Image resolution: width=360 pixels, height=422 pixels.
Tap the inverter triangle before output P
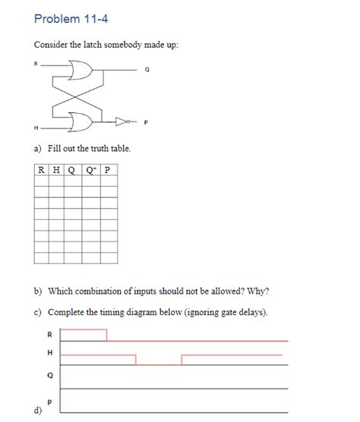(x=122, y=120)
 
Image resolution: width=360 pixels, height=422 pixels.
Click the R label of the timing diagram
(x=49, y=334)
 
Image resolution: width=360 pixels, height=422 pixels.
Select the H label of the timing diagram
(x=49, y=353)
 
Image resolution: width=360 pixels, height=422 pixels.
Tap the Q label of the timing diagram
(x=49, y=374)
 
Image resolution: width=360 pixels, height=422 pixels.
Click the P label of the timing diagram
(x=49, y=402)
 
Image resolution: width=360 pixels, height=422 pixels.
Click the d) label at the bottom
(x=36, y=412)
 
